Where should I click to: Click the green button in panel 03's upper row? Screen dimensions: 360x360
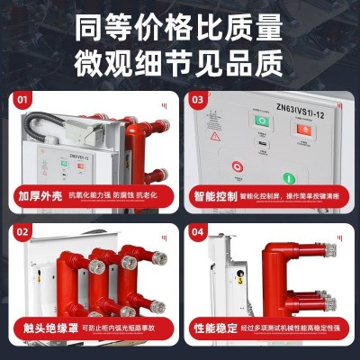(262, 121)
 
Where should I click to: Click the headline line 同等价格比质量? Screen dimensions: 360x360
(180, 24)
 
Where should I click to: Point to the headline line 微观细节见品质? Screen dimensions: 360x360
(180, 60)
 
